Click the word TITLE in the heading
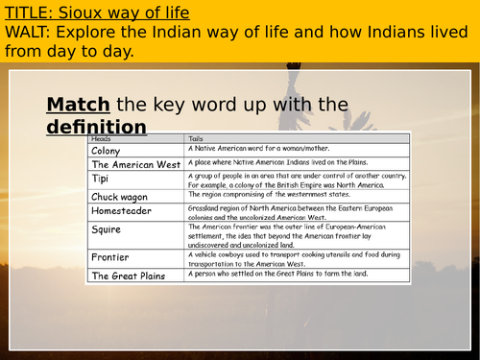point(28,12)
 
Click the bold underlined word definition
point(96,127)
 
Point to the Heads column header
point(99,139)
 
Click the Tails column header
point(197,139)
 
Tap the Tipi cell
point(101,180)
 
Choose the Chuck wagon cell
point(118,197)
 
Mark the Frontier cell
point(109,257)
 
